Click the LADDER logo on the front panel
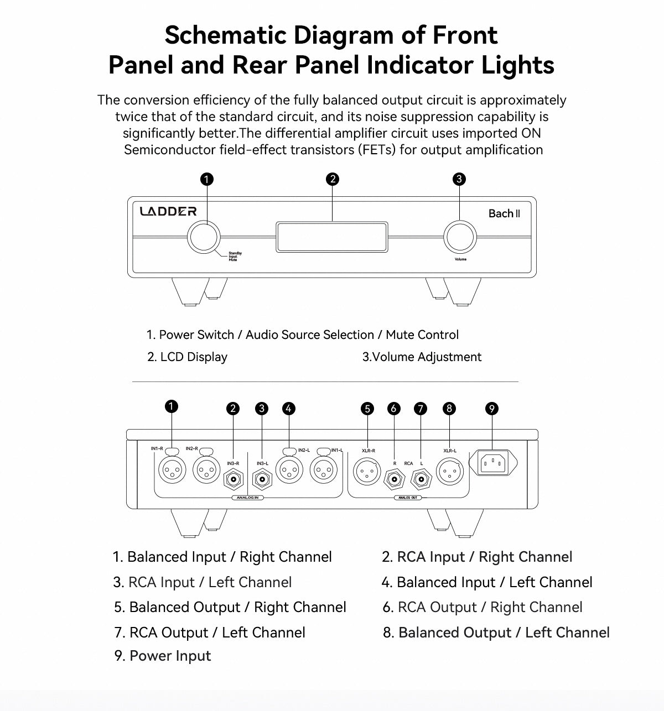[168, 211]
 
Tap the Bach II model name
[504, 213]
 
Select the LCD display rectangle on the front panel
[331, 237]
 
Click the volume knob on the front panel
[460, 237]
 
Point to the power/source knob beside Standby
[205, 237]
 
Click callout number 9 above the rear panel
[492, 409]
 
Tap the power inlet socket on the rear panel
[492, 463]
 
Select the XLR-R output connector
[367, 471]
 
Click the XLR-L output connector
[449, 471]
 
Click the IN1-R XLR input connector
[172, 470]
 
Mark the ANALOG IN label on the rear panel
[247, 498]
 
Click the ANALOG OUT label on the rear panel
[408, 498]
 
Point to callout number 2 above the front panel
[333, 179]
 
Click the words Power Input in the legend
[170, 656]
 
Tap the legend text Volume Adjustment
[427, 357]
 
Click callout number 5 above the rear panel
[367, 409]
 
